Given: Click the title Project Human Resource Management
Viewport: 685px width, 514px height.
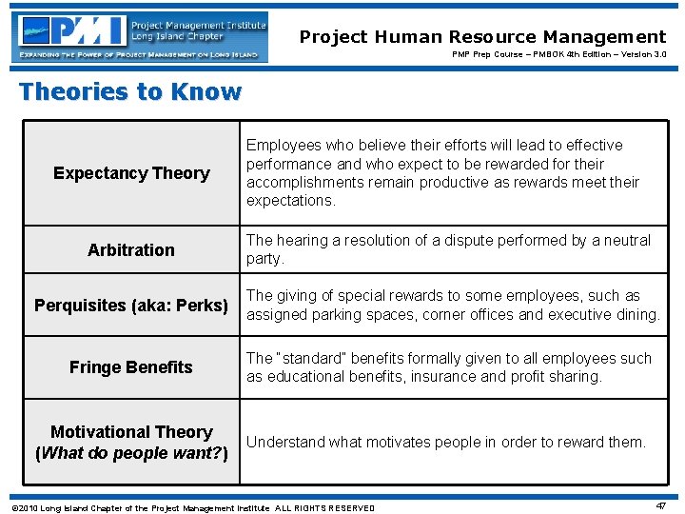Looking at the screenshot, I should point(482,37).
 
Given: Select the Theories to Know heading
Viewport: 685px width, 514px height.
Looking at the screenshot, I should point(130,92).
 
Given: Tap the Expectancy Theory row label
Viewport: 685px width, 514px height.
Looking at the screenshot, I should point(131,173).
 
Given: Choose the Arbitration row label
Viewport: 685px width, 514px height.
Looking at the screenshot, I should point(131,250).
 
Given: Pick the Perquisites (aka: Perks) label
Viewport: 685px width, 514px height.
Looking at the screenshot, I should point(131,306).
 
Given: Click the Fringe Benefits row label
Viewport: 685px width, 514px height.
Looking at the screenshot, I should point(131,367).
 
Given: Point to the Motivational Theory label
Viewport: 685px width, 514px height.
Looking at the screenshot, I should point(131,432).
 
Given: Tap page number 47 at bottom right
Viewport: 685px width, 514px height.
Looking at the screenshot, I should point(660,506).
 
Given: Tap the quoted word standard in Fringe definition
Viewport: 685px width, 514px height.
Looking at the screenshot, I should point(311,359).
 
